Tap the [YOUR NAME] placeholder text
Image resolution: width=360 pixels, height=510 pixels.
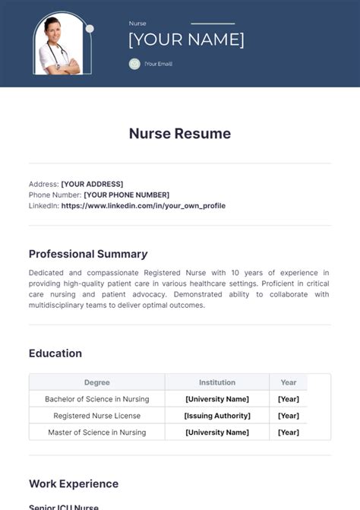click(186, 40)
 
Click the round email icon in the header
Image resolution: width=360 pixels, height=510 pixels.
click(134, 64)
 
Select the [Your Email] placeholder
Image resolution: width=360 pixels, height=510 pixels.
click(158, 64)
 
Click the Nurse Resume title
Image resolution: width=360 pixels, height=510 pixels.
click(180, 134)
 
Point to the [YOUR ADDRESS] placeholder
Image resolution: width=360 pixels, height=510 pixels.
click(92, 184)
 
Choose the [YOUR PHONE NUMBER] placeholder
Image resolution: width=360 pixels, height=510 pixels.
click(126, 195)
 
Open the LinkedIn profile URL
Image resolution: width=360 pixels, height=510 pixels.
click(143, 205)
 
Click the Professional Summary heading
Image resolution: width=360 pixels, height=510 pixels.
click(88, 254)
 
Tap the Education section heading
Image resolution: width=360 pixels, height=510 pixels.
click(55, 353)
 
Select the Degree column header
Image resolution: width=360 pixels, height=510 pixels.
click(97, 382)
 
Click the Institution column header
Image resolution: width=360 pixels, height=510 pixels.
click(217, 382)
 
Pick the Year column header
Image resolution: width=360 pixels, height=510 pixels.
click(289, 382)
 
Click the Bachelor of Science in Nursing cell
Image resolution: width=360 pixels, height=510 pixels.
click(97, 399)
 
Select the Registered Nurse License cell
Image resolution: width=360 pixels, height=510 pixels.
click(97, 416)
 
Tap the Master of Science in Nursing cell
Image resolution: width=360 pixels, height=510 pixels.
click(97, 432)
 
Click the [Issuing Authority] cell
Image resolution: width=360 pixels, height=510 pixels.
click(217, 416)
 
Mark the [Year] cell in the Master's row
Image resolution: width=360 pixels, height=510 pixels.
click(289, 432)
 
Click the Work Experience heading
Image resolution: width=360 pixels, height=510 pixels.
click(74, 483)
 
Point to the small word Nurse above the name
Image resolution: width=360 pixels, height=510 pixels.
click(137, 24)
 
